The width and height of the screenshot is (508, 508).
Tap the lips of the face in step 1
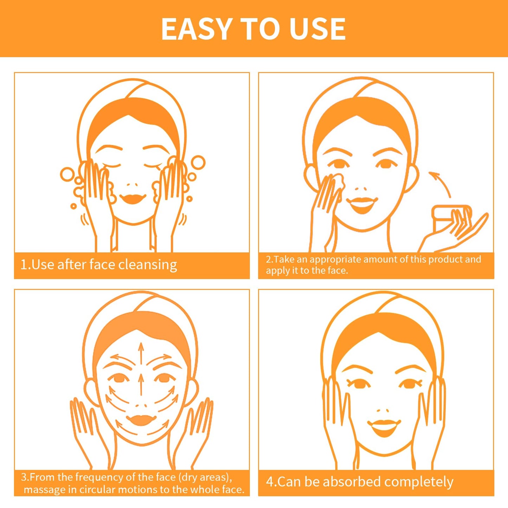[x=133, y=199]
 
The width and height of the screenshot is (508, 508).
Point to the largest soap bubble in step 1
[x=198, y=163]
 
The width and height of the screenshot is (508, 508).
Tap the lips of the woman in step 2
[x=362, y=204]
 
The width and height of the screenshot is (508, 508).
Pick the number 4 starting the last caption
[x=270, y=482]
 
